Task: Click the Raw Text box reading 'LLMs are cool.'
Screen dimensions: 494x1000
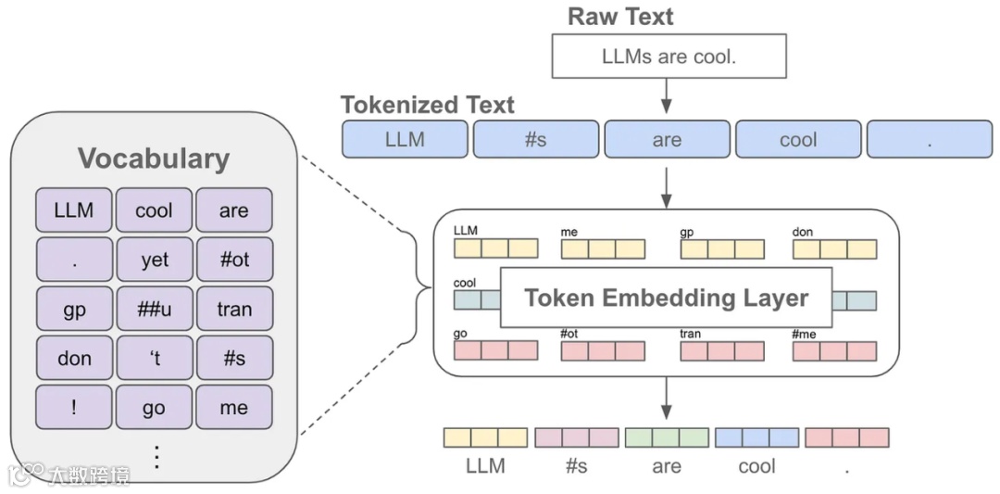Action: tap(669, 57)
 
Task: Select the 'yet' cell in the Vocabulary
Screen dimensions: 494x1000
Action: tap(155, 260)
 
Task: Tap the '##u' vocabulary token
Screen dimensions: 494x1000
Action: tap(155, 309)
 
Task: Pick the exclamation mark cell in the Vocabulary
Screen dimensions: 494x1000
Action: tap(74, 408)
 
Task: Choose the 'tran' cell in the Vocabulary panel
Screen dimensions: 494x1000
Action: tap(234, 309)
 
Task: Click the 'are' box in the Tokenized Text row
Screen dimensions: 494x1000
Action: tap(667, 140)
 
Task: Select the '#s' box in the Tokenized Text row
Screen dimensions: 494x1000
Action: tap(535, 140)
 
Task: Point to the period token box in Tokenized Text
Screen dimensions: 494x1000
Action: tap(929, 140)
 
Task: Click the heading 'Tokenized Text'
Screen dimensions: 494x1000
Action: tap(427, 105)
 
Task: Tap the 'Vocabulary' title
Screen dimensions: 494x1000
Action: tap(153, 158)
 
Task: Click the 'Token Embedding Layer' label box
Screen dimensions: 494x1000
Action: tap(666, 298)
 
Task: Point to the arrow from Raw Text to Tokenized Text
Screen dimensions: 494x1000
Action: tap(666, 96)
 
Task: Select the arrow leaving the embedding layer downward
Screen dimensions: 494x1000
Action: tap(666, 399)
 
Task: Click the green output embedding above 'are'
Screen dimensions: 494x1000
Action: tap(667, 437)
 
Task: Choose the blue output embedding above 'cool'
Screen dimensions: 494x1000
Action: tap(756, 437)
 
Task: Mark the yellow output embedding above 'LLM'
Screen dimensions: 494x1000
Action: tap(485, 437)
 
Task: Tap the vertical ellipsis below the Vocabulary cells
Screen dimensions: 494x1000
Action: tap(156, 457)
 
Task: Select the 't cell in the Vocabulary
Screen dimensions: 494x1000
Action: tap(155, 358)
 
